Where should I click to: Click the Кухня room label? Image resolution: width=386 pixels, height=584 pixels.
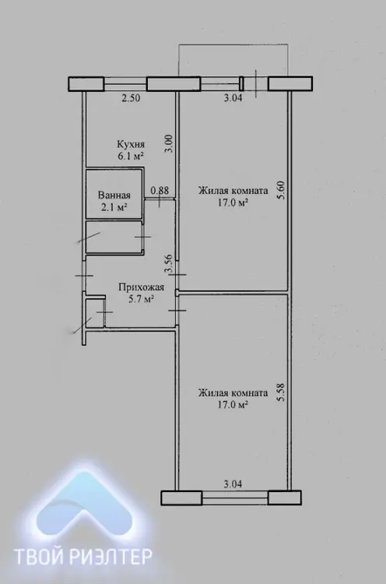click(x=131, y=144)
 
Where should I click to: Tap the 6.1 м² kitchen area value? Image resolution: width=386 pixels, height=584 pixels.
click(x=131, y=156)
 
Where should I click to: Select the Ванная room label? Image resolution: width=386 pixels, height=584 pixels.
click(x=114, y=195)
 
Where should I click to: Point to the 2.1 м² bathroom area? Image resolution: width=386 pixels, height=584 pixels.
click(x=114, y=207)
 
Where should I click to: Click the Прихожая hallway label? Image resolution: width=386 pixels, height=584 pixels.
click(x=142, y=287)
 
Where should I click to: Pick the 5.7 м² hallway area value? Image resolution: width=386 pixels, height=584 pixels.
click(x=142, y=299)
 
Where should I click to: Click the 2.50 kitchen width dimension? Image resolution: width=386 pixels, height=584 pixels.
click(x=131, y=99)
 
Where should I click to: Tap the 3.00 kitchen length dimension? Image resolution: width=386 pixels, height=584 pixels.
click(x=170, y=144)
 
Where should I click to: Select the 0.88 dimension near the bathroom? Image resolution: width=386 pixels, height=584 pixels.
click(x=160, y=191)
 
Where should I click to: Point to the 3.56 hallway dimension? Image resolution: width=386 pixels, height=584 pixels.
click(x=168, y=263)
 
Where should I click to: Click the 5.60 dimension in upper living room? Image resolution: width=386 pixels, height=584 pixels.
click(x=281, y=190)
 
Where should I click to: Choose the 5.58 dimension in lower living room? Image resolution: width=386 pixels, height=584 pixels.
click(x=281, y=392)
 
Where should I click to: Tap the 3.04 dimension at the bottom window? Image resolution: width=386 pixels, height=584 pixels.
click(x=233, y=484)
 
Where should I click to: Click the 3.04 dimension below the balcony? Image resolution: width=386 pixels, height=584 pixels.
click(x=233, y=98)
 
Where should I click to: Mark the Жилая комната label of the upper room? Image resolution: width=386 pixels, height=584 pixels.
click(x=233, y=191)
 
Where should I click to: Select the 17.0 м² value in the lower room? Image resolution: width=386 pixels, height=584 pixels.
click(x=233, y=405)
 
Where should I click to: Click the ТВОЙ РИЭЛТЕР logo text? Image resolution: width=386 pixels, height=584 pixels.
click(x=82, y=557)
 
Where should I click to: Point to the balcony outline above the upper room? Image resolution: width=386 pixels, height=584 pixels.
click(x=233, y=44)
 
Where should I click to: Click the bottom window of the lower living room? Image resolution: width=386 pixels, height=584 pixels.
click(x=235, y=498)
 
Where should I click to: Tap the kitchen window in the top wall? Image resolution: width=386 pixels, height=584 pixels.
click(x=125, y=84)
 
